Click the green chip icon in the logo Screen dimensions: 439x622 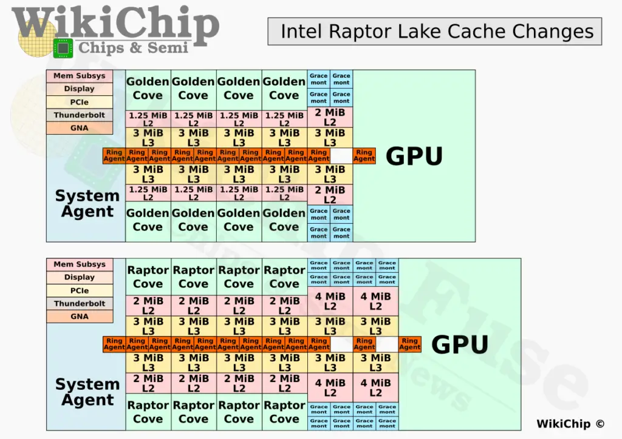62,48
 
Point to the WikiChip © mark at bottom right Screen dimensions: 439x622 570,424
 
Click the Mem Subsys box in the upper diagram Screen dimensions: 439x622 80,76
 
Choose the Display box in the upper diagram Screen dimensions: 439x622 80,89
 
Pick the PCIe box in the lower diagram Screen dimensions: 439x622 80,290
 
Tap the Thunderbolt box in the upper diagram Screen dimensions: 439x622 80,115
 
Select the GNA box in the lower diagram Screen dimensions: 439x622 80,317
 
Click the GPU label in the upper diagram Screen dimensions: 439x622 414,156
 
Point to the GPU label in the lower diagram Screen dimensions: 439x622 460,344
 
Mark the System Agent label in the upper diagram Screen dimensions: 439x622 87,204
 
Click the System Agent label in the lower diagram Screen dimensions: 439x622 87,392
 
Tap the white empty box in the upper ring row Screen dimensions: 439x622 341,156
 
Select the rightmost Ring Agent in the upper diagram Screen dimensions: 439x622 364,156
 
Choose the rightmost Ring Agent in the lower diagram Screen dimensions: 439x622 409,344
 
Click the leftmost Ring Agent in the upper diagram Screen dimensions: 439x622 114,156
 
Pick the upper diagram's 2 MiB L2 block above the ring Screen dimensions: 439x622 330,118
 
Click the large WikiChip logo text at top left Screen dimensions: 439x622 115,24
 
